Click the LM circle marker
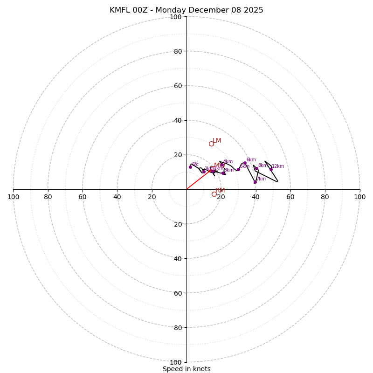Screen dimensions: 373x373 tap(211, 144)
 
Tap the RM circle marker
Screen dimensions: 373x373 tap(214, 194)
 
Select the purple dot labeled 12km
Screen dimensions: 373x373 tap(271, 169)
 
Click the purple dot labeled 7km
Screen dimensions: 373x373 tap(255, 182)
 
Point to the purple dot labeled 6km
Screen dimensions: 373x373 tap(245, 163)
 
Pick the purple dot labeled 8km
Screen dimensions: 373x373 tap(256, 169)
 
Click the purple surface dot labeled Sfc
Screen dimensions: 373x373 tap(190, 167)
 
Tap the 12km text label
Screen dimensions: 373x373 tap(278, 166)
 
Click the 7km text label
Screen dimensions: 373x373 tap(261, 179)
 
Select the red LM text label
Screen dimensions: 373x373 tap(217, 141)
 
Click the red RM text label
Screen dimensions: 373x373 tap(220, 191)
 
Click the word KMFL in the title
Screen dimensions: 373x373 tap(120, 10)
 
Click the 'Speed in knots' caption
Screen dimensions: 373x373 tap(186, 369)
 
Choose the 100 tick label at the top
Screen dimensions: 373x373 tap(176, 17)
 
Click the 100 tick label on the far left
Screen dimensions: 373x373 tap(13, 197)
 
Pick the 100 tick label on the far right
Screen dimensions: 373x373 tap(359, 197)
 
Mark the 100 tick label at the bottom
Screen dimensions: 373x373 tap(176, 362)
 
